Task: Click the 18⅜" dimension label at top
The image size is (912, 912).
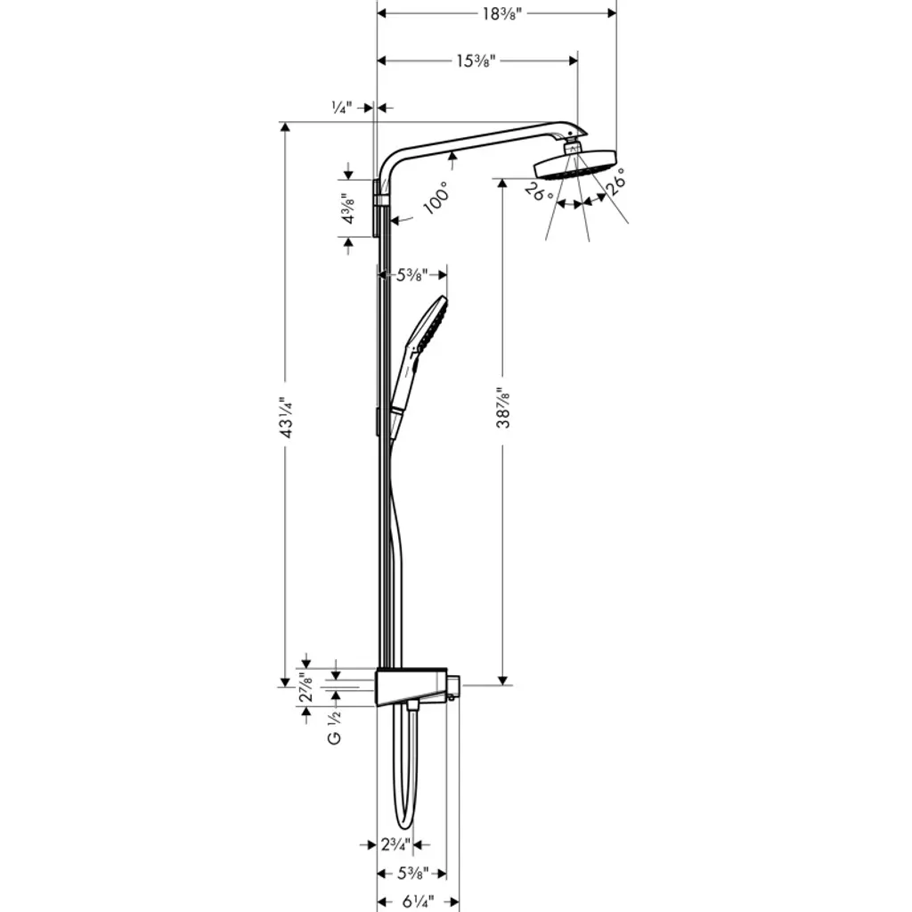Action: click(502, 13)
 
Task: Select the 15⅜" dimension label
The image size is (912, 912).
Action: click(476, 61)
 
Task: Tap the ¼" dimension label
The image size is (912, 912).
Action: click(342, 108)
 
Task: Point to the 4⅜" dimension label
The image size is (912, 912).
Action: click(348, 208)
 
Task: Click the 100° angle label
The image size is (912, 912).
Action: click(436, 198)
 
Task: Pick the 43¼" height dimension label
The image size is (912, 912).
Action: click(286, 418)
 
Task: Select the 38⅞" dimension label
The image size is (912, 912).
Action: click(503, 407)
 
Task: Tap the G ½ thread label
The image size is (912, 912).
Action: click(335, 727)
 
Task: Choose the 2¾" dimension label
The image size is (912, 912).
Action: click(396, 844)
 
